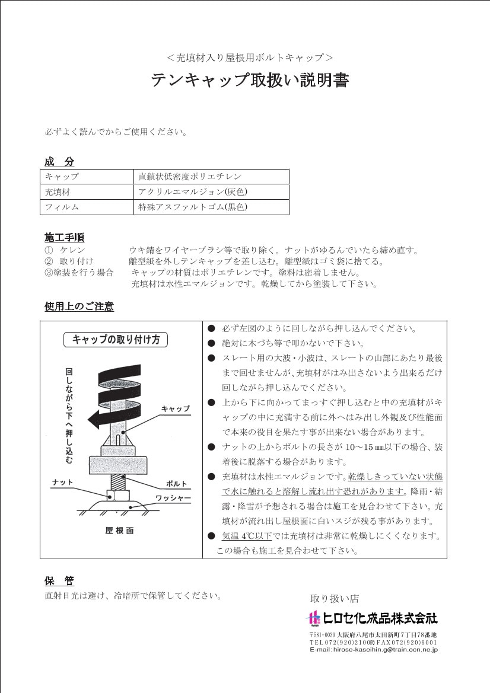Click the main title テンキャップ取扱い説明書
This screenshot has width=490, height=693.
coord(249,80)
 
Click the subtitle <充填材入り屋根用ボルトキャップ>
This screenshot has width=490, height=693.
coord(249,58)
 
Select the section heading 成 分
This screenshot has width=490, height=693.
coord(59,162)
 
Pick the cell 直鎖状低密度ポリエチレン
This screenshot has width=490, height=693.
coord(190,177)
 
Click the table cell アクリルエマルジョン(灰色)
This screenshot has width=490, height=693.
coord(192,192)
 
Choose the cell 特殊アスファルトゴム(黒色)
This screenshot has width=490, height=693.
coord(192,207)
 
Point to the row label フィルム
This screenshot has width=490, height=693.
coord(62,207)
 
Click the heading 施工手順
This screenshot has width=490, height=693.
coord(64,238)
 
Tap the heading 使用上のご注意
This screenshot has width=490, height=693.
coord(79,306)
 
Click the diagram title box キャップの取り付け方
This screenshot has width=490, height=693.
coord(116,340)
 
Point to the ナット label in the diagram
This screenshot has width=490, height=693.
coord(62,483)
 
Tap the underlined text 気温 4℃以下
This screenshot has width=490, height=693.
coord(247,536)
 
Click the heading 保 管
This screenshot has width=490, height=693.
coord(59,580)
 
